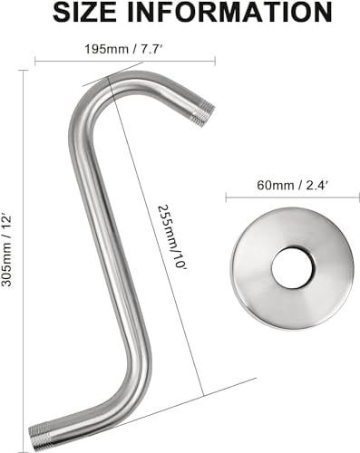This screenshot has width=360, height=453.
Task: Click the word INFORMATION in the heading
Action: pos(229,13)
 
